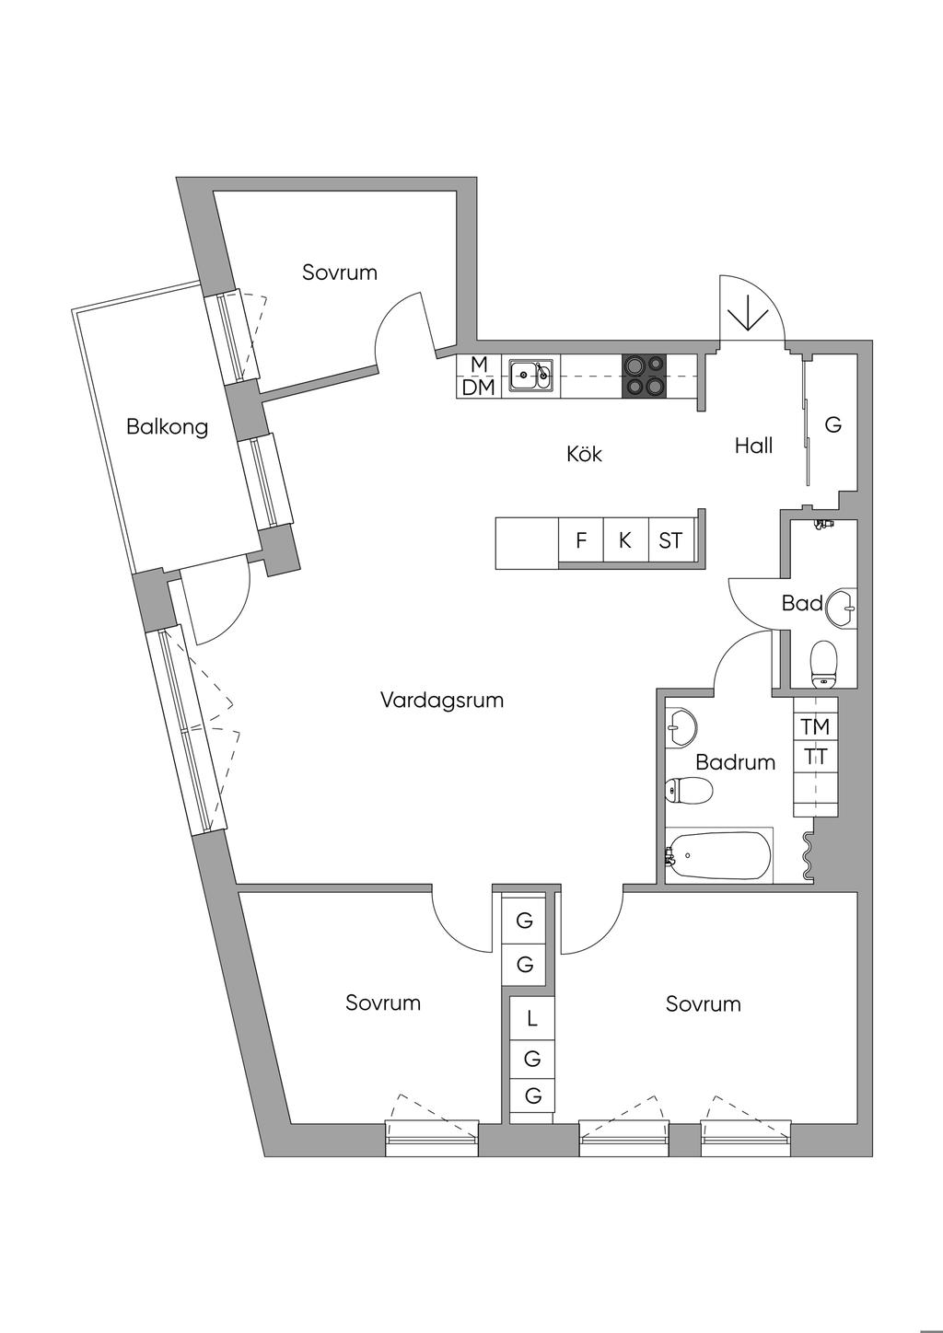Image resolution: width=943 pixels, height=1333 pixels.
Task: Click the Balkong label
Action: pyautogui.click(x=167, y=427)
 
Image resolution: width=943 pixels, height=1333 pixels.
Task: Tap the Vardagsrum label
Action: pyautogui.click(x=442, y=701)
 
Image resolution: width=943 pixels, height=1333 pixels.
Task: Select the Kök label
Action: pyautogui.click(x=584, y=454)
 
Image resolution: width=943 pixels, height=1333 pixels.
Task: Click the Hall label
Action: pyautogui.click(x=753, y=446)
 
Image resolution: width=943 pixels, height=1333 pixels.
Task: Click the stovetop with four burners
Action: pyautogui.click(x=644, y=377)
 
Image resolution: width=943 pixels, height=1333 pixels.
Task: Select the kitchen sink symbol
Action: pyautogui.click(x=531, y=375)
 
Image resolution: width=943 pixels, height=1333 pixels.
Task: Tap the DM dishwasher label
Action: pyautogui.click(x=478, y=388)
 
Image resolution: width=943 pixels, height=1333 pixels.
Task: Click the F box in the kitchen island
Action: pyautogui.click(x=581, y=540)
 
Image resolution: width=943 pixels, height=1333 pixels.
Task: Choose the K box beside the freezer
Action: pyautogui.click(x=625, y=540)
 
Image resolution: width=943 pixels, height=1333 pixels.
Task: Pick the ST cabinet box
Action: pyautogui.click(x=670, y=540)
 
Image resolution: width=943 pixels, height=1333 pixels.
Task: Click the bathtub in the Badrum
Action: pyautogui.click(x=719, y=856)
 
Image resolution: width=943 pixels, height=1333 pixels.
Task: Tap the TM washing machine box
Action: pyautogui.click(x=815, y=726)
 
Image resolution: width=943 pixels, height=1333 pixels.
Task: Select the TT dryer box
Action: pyautogui.click(x=815, y=758)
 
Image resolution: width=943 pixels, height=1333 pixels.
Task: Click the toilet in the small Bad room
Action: pyautogui.click(x=823, y=662)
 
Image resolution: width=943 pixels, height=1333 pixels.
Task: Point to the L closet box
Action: pyautogui.click(x=532, y=1019)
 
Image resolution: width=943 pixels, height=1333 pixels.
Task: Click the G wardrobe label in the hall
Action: pyautogui.click(x=833, y=425)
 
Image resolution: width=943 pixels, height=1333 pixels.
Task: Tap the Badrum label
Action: pyautogui.click(x=735, y=762)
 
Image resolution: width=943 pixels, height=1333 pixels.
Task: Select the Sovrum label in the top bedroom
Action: pyautogui.click(x=340, y=272)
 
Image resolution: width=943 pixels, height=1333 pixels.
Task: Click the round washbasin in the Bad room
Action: pyautogui.click(x=841, y=608)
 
